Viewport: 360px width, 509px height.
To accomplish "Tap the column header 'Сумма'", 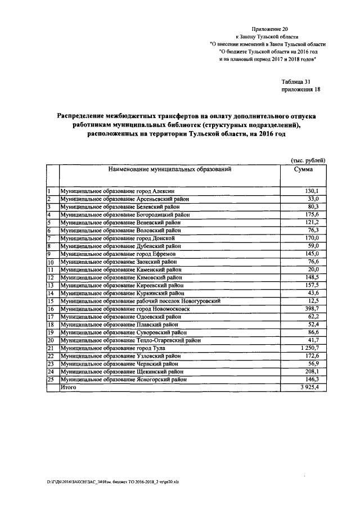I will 304,169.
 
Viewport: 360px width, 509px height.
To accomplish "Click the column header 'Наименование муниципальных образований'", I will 167,169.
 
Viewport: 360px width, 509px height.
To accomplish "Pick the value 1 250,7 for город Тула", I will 308,349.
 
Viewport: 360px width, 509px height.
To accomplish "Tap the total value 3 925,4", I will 308,388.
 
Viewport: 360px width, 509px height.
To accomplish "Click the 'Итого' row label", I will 68,388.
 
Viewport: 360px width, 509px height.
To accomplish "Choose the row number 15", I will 50,301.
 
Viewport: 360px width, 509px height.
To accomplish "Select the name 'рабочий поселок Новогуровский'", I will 178,301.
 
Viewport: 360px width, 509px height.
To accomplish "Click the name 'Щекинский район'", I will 161,372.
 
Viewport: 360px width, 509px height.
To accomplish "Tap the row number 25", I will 50,380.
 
